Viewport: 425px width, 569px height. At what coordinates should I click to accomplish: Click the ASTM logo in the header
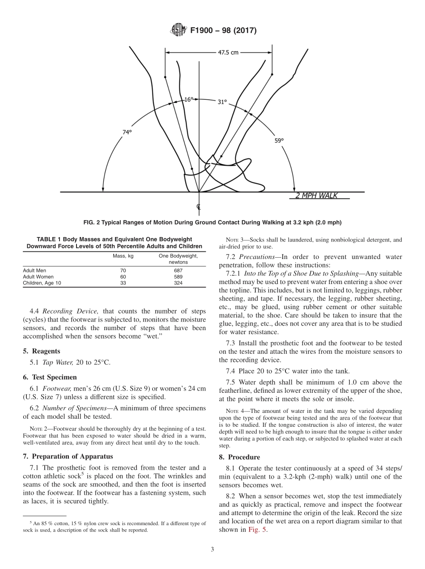[x=179, y=30]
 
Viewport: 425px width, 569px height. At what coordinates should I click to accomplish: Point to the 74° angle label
[x=127, y=132]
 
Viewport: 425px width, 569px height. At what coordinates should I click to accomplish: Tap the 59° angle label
[x=279, y=140]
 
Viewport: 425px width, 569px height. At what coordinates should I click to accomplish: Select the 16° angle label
[x=189, y=99]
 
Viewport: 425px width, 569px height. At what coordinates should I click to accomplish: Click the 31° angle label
[x=222, y=102]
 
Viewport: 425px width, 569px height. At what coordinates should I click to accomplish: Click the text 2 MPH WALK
[x=316, y=195]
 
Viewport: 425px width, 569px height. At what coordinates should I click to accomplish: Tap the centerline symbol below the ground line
[x=199, y=207]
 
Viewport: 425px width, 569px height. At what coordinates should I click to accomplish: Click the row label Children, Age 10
[x=42, y=283]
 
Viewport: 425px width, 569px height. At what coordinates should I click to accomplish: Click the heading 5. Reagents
[x=41, y=351]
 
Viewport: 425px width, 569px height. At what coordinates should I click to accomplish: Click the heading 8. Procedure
[x=239, y=457]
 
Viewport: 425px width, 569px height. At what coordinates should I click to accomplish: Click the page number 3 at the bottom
[x=212, y=549]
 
